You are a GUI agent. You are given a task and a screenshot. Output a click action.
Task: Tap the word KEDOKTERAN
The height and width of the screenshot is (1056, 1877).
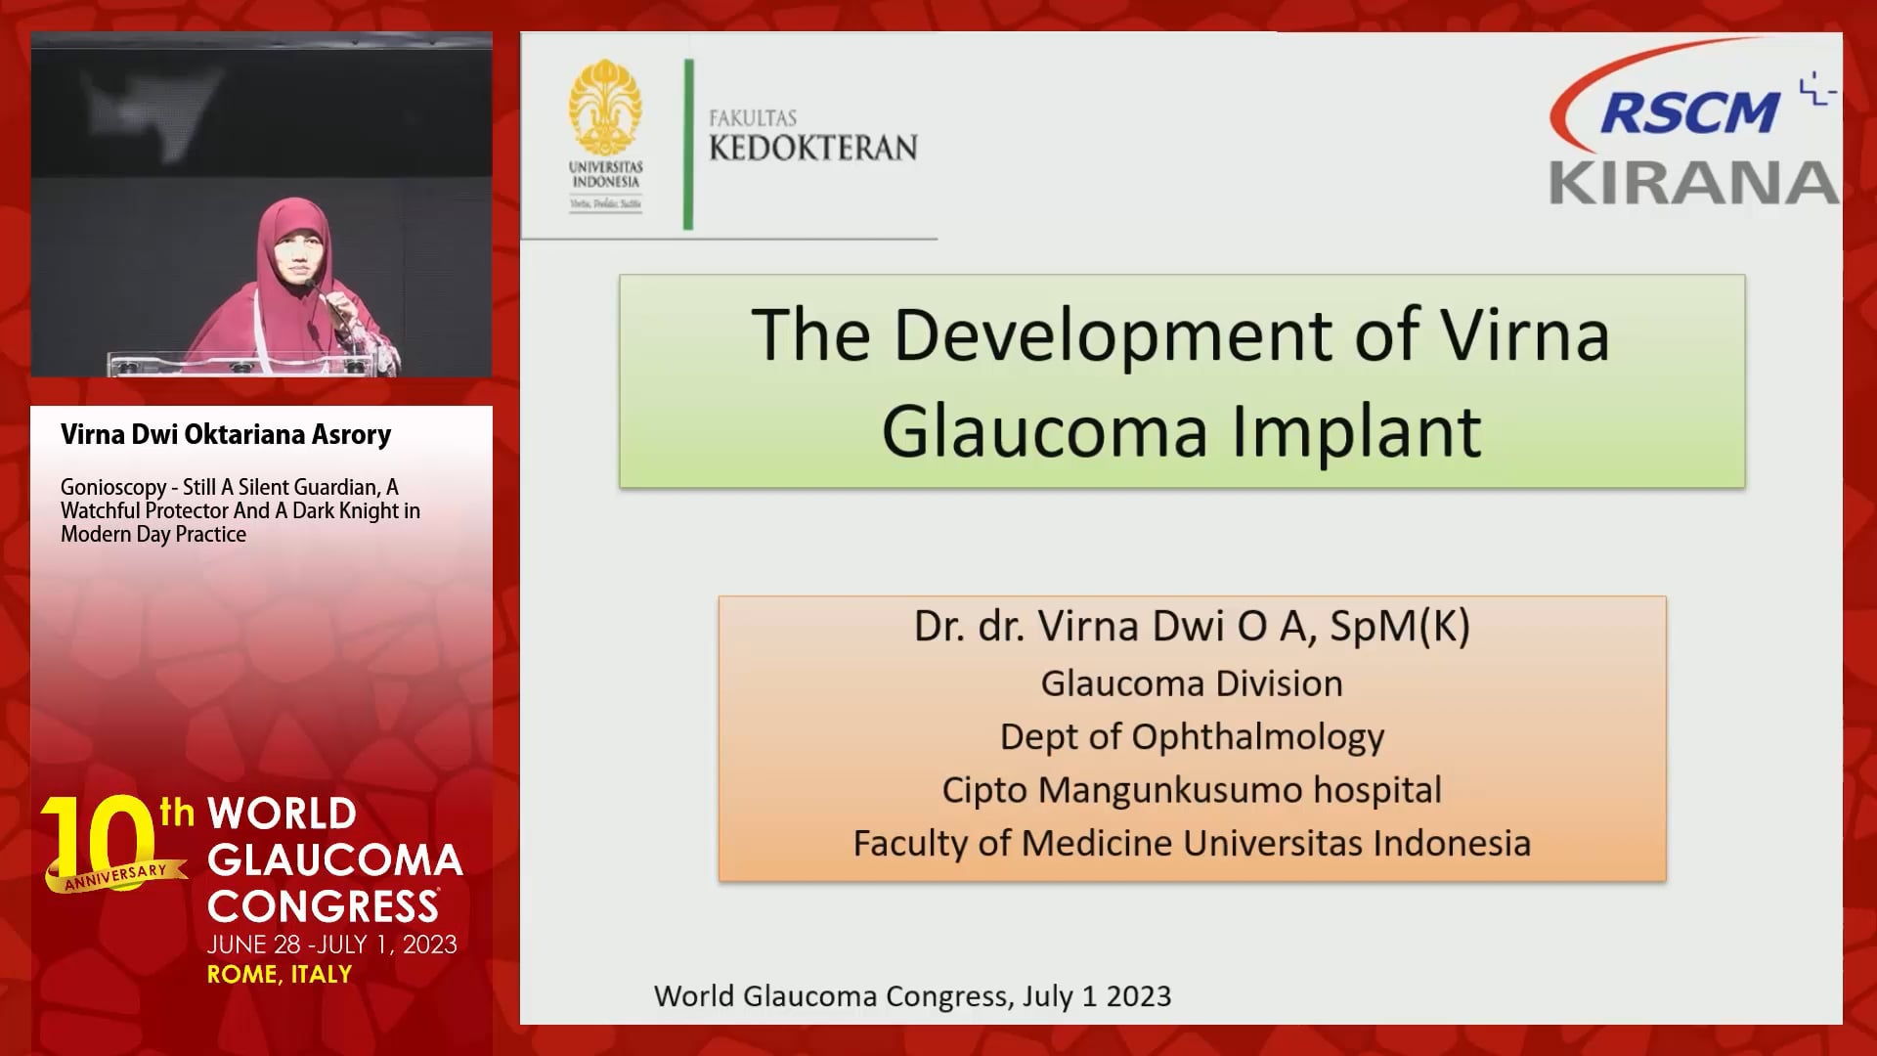[813, 148]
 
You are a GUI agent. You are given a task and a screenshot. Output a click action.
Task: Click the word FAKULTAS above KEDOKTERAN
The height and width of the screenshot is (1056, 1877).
[753, 117]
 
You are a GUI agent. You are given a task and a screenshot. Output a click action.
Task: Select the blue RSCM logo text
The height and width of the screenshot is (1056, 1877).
[1689, 111]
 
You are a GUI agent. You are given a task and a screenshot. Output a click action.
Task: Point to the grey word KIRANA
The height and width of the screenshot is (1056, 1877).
[1694, 183]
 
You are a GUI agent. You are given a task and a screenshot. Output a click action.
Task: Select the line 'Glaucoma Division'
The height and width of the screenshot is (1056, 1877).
[1192, 683]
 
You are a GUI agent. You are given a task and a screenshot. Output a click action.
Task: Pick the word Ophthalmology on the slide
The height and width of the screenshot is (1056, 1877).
[1258, 737]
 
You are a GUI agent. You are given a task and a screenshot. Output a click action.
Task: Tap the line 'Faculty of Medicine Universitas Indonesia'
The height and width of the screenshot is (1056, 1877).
[1192, 843]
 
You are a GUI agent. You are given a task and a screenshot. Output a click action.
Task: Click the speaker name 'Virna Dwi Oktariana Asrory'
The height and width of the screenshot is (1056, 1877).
[226, 434]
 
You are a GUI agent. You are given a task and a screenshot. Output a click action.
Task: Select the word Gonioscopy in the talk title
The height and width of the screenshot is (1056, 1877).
[113, 488]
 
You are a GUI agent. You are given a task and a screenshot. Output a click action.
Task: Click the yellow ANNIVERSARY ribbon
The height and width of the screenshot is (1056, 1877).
[115, 876]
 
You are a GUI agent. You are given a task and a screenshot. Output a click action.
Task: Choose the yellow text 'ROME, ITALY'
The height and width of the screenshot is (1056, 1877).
[280, 974]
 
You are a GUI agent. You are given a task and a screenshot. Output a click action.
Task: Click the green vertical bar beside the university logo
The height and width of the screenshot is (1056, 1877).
[688, 145]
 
